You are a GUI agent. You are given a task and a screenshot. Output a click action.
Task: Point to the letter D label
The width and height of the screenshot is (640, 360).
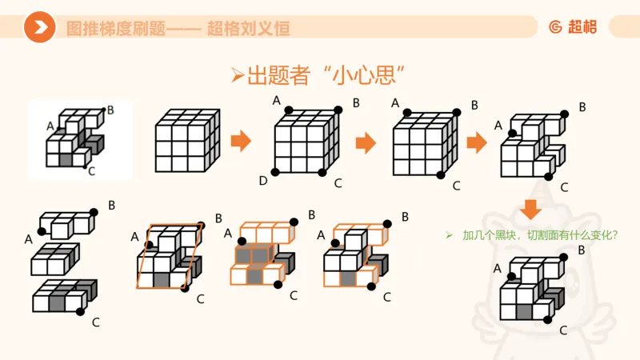(263, 182)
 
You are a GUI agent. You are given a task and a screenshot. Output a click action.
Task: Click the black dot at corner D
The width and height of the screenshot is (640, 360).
(276, 172)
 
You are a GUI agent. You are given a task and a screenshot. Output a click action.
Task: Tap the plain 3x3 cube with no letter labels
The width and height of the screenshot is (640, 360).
(187, 142)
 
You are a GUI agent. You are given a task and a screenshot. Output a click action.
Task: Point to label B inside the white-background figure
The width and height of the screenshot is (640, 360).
(110, 110)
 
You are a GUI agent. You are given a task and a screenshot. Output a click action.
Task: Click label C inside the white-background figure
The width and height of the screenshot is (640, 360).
(91, 170)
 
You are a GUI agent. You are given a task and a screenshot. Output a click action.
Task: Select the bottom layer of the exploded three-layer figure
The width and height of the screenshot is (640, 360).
(64, 298)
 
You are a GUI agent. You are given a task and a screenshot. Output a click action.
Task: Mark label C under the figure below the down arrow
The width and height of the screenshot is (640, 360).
(563, 330)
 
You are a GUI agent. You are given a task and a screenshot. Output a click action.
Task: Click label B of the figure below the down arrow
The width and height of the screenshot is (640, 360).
(582, 250)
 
